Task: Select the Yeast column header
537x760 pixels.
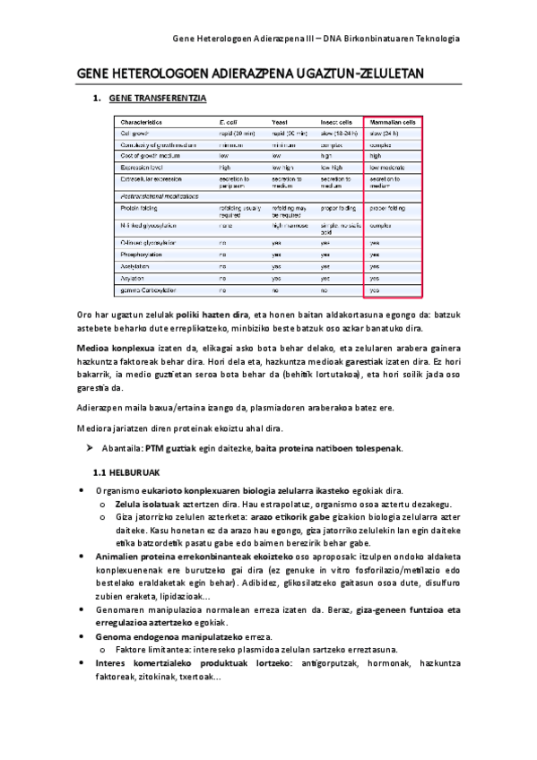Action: tap(279, 122)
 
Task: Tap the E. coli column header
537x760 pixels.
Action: tap(228, 122)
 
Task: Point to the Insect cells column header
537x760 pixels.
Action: tap(336, 122)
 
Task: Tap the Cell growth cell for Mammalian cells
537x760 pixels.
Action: tap(385, 133)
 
